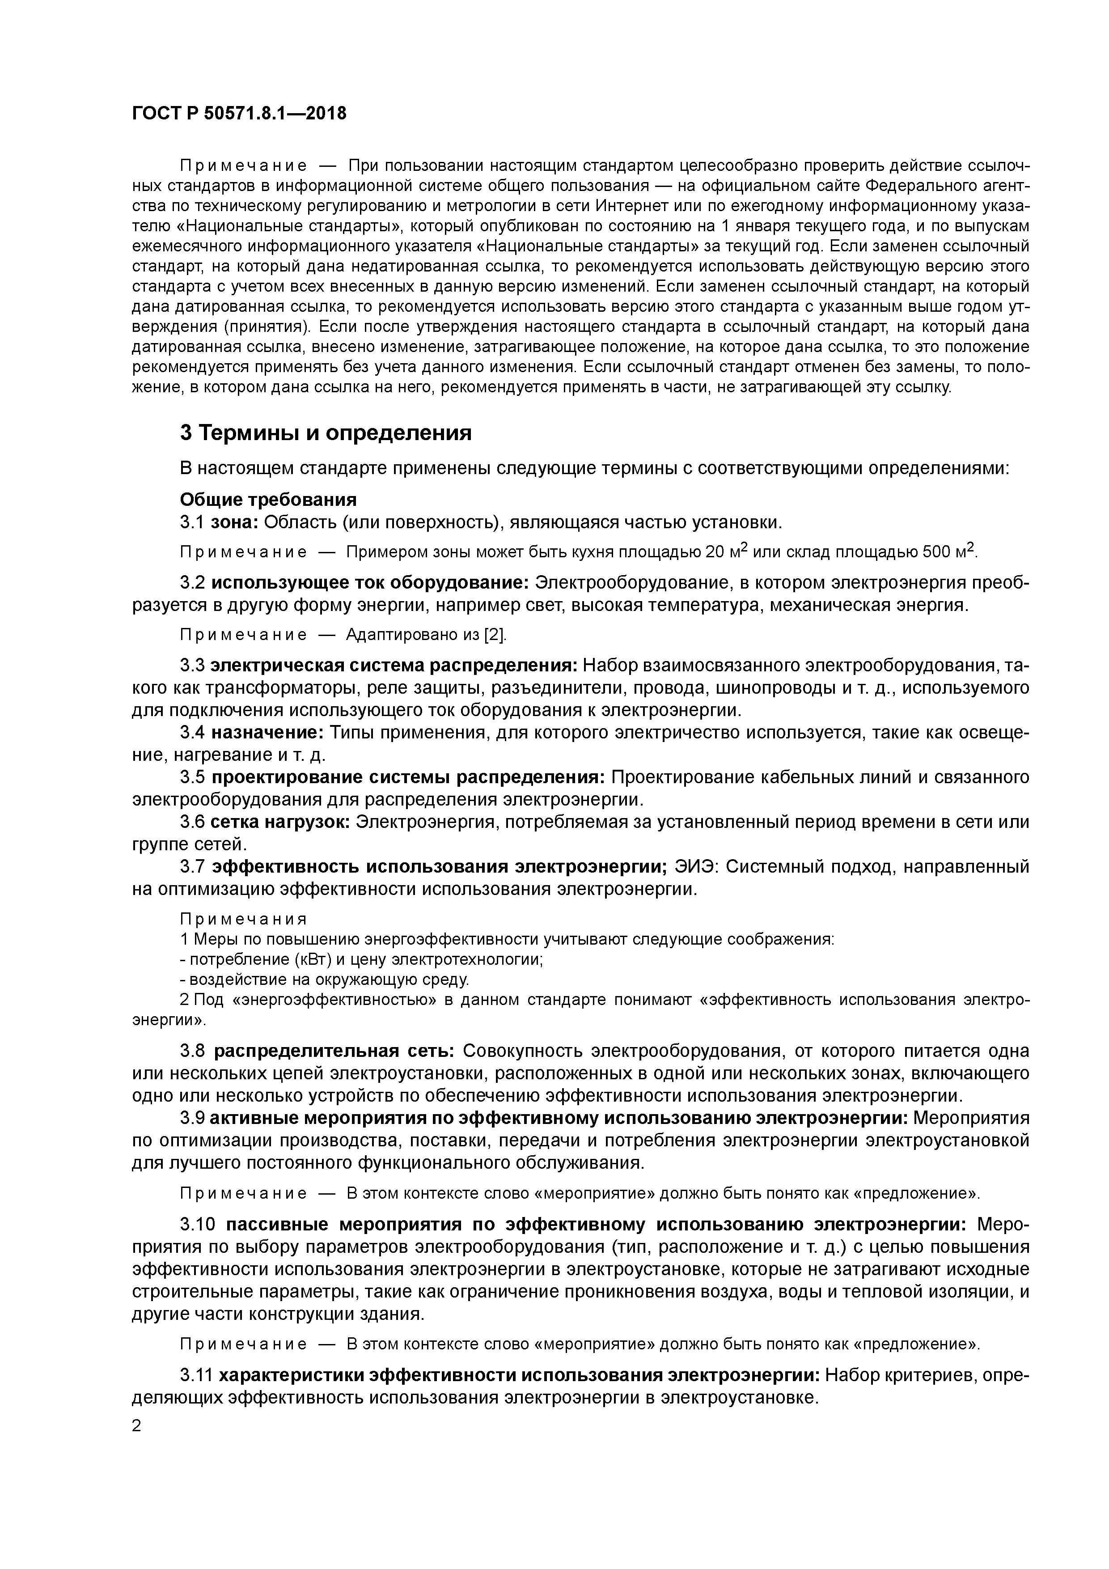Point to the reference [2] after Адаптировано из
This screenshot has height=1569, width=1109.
[x=495, y=635]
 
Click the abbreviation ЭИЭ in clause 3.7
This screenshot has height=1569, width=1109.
[x=696, y=866]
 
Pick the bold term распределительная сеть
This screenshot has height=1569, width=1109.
[x=334, y=1050]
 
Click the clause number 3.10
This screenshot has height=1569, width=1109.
[x=199, y=1224]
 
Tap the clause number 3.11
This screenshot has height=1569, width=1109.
[x=197, y=1374]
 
